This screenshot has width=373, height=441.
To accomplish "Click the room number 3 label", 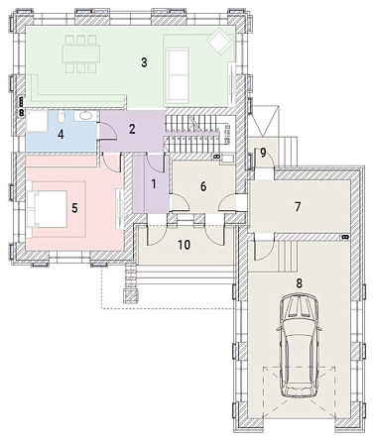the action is click(144, 62).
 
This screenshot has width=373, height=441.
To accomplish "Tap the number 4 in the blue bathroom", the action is click(61, 135).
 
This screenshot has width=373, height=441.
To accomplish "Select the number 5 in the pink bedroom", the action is click(74, 208).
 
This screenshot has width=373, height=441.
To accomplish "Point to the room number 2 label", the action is click(132, 129).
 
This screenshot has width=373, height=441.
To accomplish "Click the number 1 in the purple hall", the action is click(154, 184).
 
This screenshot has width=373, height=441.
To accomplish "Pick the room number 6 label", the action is click(203, 186).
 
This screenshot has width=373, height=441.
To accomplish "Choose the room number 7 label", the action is click(298, 207).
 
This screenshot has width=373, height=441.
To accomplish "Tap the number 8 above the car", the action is click(299, 283).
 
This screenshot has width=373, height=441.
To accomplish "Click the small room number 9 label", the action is click(263, 153).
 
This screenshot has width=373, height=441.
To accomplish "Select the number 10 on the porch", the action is click(184, 245).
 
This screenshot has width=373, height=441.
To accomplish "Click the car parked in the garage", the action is click(299, 345).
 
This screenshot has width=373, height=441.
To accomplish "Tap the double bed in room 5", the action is click(48, 209).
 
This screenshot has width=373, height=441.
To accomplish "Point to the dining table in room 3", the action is click(81, 54).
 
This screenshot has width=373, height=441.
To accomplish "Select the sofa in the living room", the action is click(177, 74).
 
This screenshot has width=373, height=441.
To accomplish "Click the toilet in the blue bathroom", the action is click(61, 116).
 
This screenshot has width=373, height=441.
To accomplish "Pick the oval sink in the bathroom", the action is click(85, 116).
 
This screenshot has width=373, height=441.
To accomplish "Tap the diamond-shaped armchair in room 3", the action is click(219, 42).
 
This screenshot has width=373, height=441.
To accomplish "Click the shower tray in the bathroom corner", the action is click(37, 122).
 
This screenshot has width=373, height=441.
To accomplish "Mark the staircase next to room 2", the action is click(192, 133).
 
